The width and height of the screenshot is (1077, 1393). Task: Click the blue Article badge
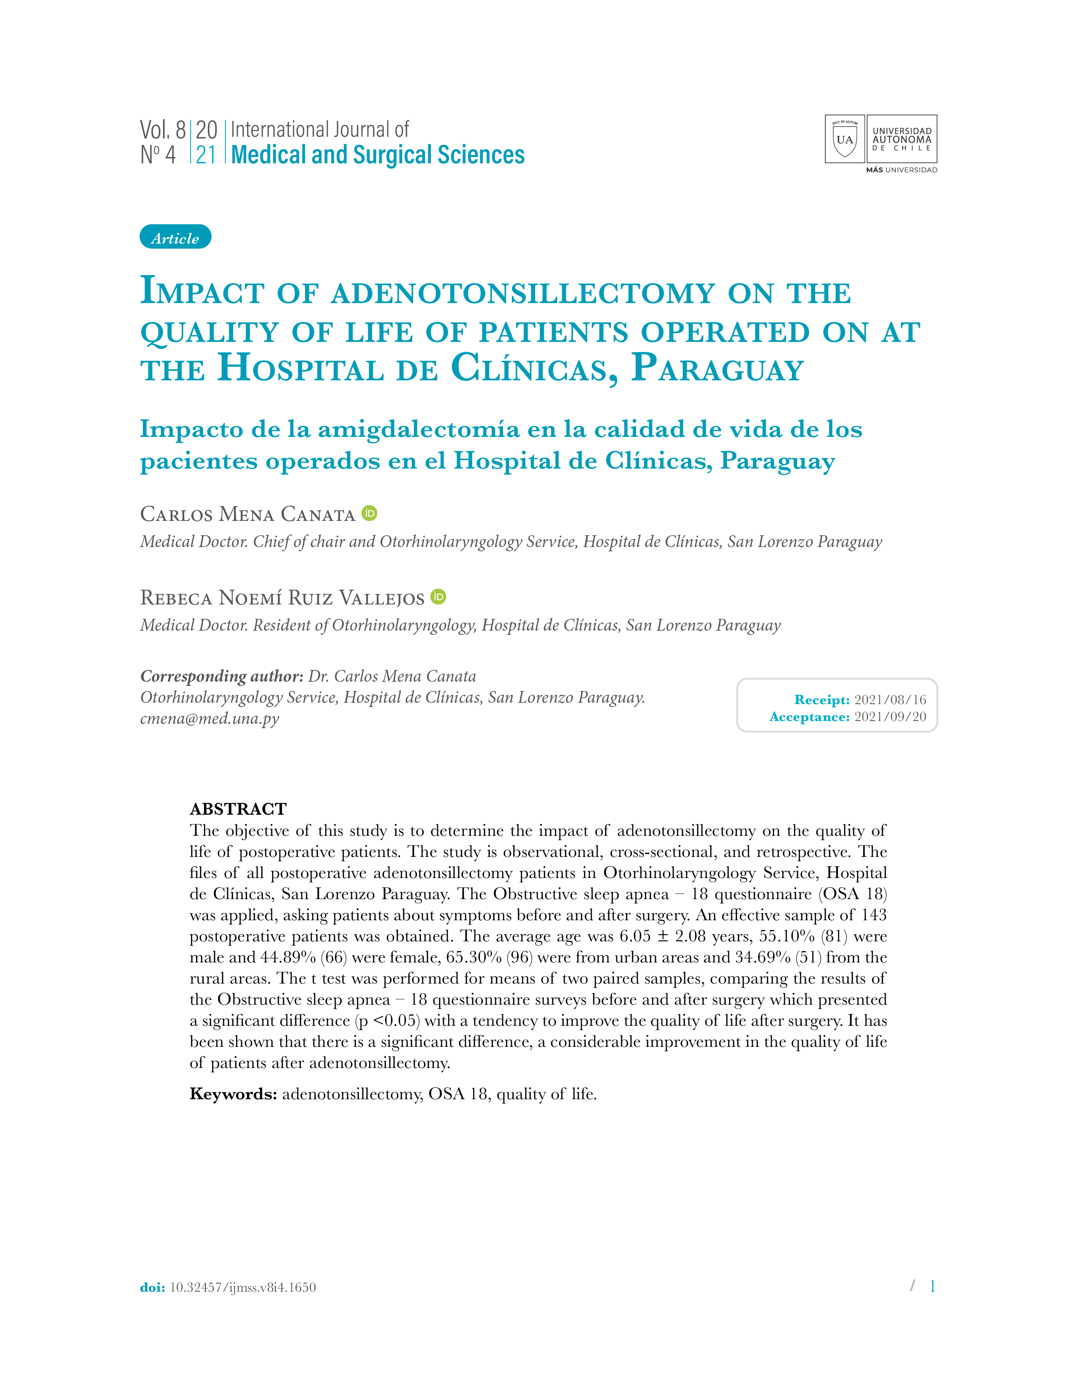[175, 237]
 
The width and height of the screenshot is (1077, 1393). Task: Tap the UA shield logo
[845, 139]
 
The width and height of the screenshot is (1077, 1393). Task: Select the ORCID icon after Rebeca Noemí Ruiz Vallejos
[438, 596]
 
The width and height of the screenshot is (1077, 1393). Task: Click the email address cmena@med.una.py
[210, 719]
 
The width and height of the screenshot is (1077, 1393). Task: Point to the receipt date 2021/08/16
[890, 700]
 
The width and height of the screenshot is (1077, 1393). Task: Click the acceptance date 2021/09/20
[890, 717]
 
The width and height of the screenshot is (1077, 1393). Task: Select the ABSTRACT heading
[238, 809]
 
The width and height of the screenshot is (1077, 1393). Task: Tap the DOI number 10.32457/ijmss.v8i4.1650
[242, 1287]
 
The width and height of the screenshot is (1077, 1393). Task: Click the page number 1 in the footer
[932, 1286]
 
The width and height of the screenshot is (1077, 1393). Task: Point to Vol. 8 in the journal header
[163, 130]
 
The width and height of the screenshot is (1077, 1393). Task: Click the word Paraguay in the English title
[717, 369]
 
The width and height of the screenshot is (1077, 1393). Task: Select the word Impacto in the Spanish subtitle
[191, 429]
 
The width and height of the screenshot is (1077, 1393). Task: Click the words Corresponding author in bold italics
[221, 676]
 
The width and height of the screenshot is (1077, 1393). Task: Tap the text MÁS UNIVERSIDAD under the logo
[902, 170]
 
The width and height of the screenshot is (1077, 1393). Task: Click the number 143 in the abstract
[873, 915]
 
